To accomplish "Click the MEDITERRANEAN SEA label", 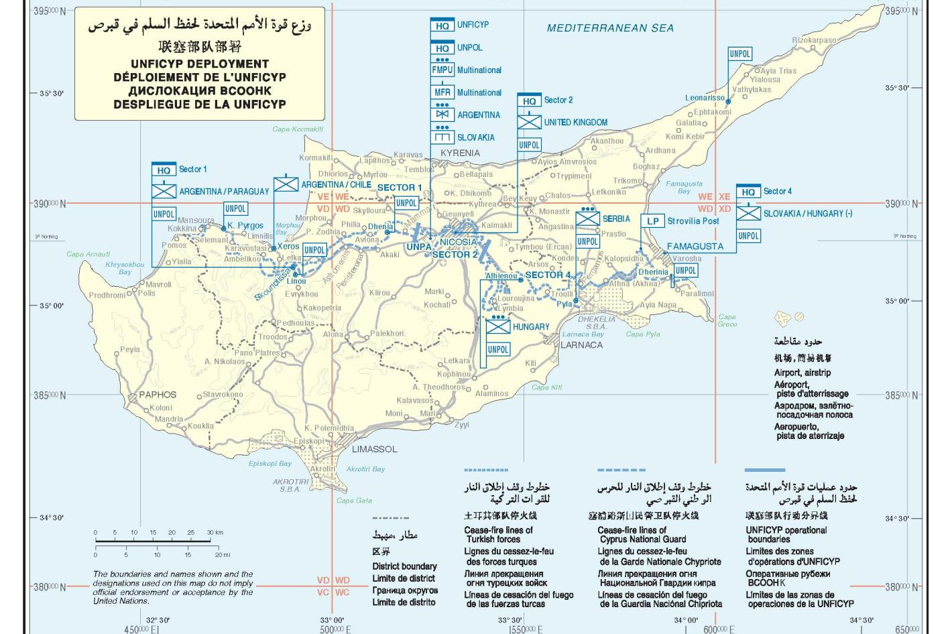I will [x=610, y=28].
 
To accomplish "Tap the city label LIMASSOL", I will [x=375, y=449].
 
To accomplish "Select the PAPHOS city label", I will [x=158, y=395].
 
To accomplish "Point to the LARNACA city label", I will [x=581, y=345].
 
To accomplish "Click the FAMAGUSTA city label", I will [x=695, y=247].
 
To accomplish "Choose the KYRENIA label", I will [x=460, y=153].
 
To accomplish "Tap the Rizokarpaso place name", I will [x=814, y=40].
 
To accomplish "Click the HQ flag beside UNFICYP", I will [x=442, y=25].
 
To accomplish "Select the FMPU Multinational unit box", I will [x=442, y=70].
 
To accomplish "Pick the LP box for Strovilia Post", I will [x=652, y=221].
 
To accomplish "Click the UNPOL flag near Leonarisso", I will [x=739, y=54].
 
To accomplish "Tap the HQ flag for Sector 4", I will [x=748, y=192].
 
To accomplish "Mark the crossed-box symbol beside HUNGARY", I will [x=497, y=327].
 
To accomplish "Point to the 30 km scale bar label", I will [x=215, y=533].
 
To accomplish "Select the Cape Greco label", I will [x=727, y=320].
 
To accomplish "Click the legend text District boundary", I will [x=404, y=566].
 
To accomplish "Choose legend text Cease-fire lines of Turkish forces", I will [x=498, y=534].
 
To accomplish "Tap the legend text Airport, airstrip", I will [x=802, y=373].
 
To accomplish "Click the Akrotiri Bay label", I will [x=365, y=469].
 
